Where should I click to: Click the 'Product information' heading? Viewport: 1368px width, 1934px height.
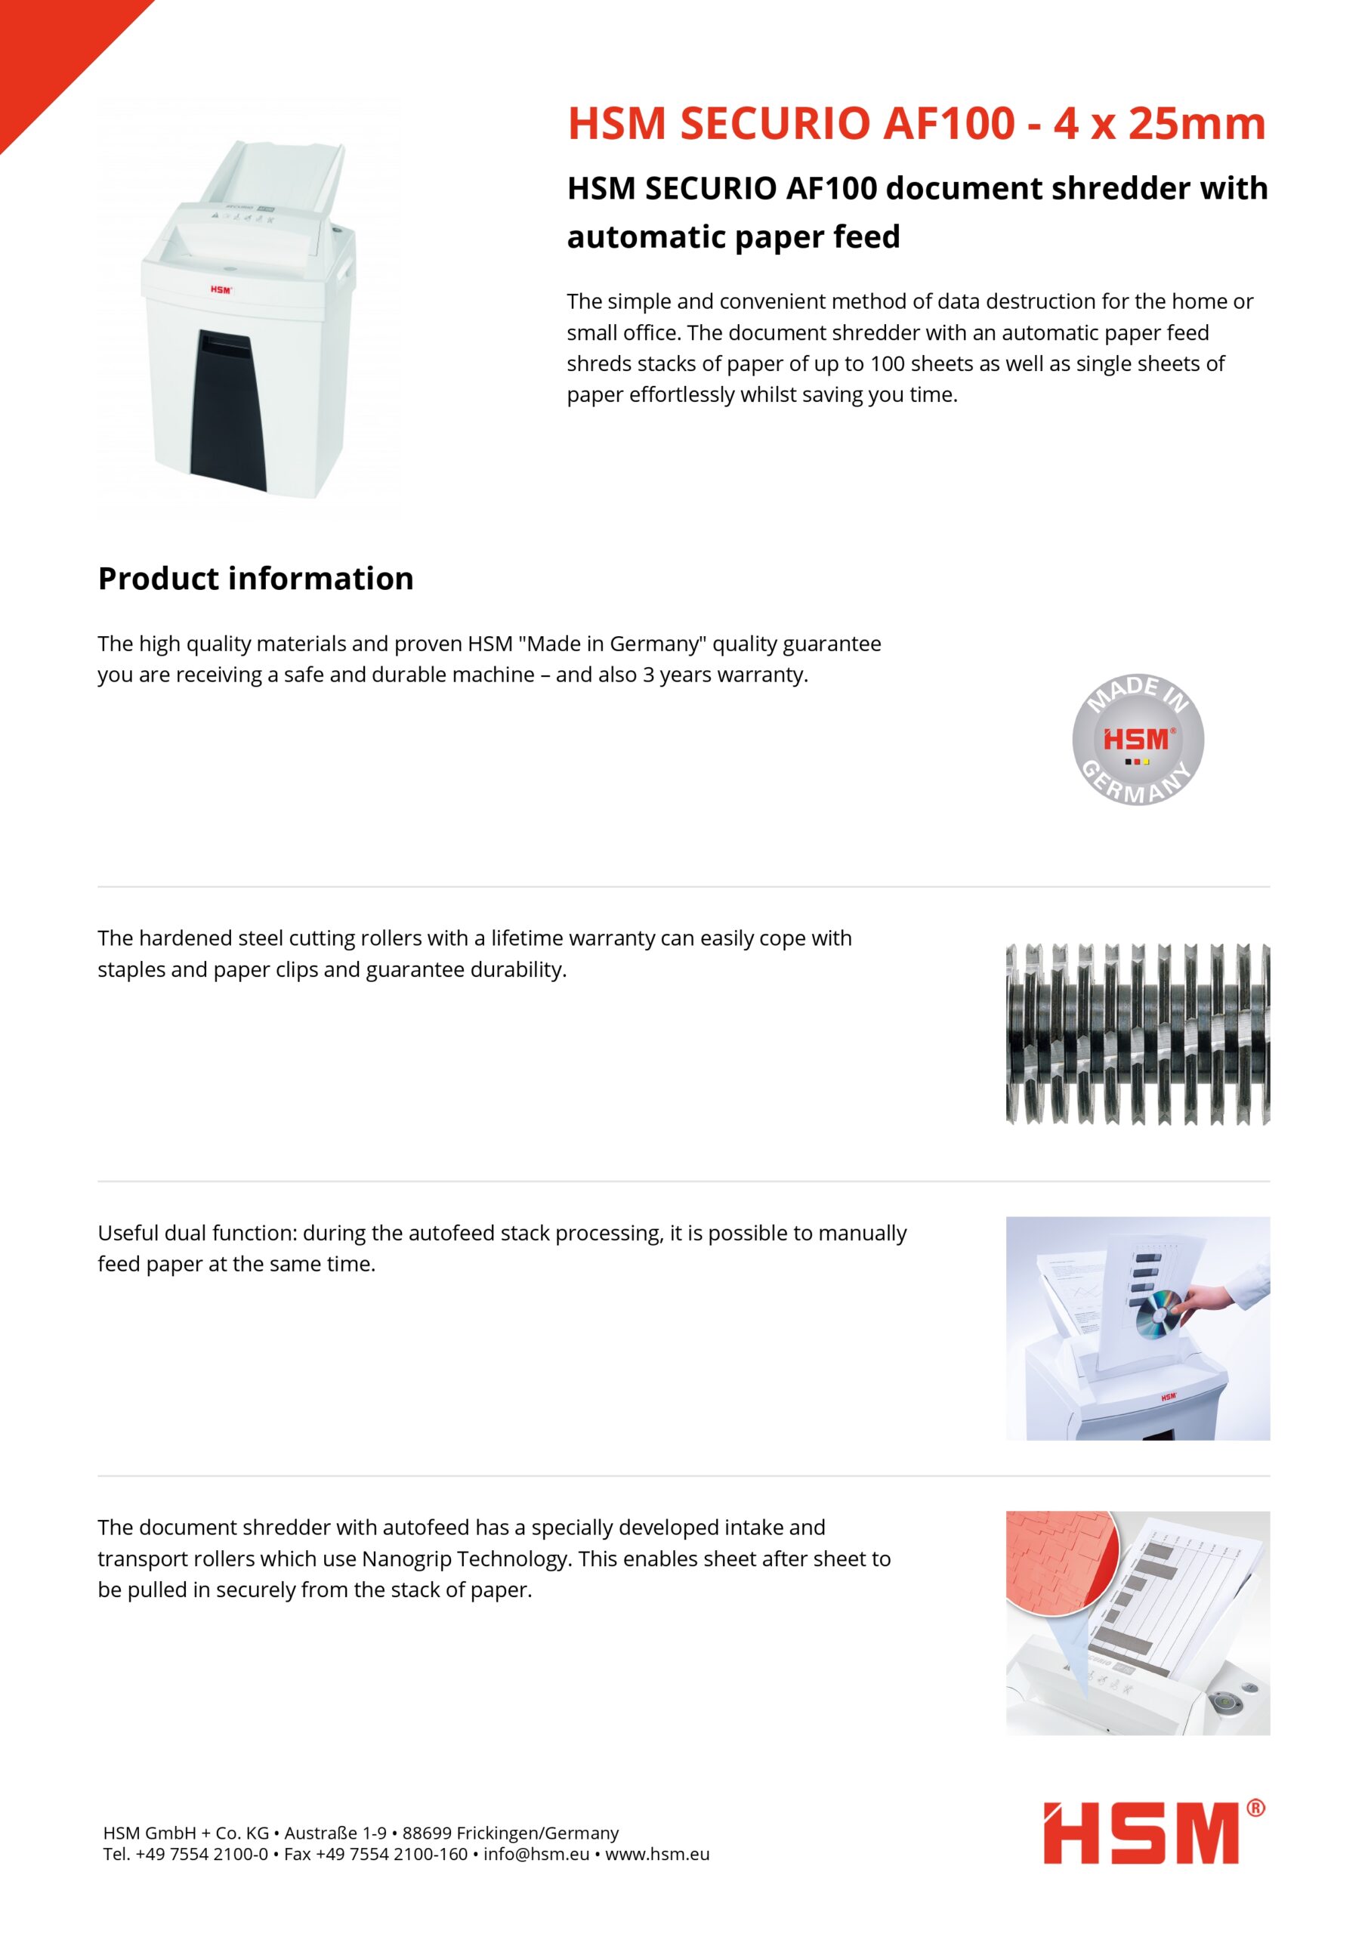255,579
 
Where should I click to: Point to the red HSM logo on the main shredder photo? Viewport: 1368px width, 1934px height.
221,290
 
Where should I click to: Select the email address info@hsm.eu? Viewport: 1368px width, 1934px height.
536,1854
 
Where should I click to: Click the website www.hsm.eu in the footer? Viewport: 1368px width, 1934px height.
657,1854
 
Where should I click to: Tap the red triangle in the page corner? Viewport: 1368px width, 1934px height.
51,51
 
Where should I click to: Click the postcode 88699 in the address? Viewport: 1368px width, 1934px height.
427,1833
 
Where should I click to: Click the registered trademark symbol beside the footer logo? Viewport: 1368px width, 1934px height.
1255,1809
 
